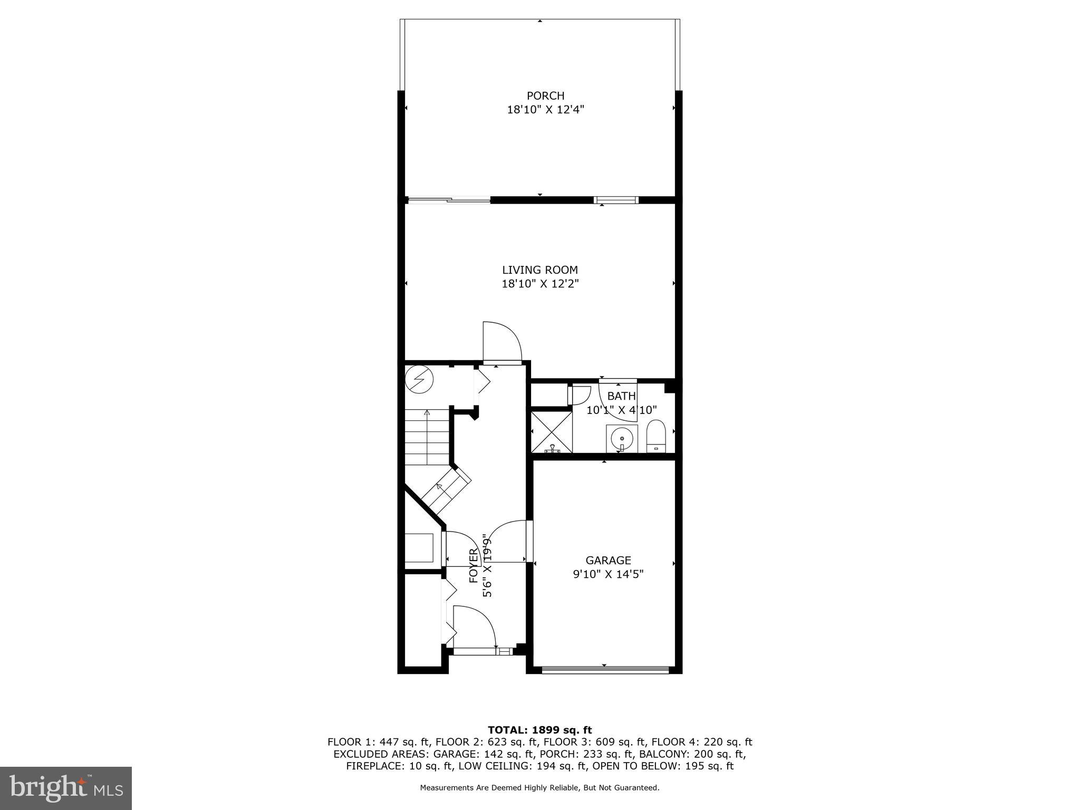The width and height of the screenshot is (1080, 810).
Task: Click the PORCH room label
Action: pos(545,96)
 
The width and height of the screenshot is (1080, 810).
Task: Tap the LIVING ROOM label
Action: pos(539,270)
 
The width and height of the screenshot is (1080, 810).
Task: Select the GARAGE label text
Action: pos(608,560)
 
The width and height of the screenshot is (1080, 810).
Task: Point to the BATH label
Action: pos(622,396)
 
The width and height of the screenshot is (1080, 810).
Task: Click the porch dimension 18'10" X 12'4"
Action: pos(545,110)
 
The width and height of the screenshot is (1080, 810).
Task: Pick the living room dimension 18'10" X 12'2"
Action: pos(539,284)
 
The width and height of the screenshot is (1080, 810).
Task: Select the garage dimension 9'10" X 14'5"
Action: pos(608,574)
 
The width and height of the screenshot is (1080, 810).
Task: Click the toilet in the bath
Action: pos(657,437)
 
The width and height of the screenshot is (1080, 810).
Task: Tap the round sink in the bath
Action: pos(622,438)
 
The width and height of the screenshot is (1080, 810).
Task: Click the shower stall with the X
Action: pos(552,432)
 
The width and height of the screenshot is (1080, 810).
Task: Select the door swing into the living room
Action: pos(502,342)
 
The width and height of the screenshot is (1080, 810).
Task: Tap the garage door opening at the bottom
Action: pos(605,670)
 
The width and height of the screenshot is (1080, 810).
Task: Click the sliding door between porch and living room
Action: pos(449,200)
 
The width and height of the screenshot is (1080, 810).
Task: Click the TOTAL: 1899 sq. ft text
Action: pos(539,730)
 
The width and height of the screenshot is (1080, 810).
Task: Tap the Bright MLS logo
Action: pos(66,788)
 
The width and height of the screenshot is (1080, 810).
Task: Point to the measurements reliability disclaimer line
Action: pos(539,788)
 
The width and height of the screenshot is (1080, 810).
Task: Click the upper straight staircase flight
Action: pos(427,438)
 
